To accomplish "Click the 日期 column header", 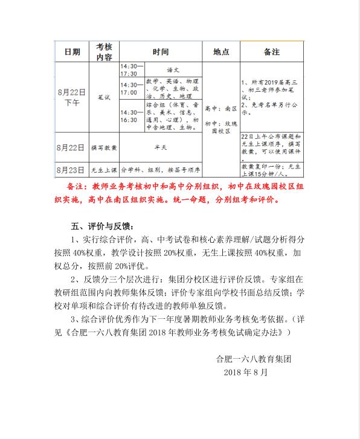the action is pyautogui.click(x=72, y=53).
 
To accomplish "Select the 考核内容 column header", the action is pyautogui.click(x=104, y=53).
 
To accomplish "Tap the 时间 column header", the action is pyautogui.click(x=161, y=53).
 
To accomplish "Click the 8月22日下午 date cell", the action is pyautogui.click(x=72, y=97).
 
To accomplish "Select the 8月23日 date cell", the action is pyautogui.click(x=72, y=169).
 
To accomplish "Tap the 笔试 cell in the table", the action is pyautogui.click(x=104, y=97).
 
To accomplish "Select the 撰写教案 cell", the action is pyautogui.click(x=104, y=147).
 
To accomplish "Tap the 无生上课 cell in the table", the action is pyautogui.click(x=104, y=169).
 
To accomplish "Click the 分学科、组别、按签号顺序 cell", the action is pyautogui.click(x=160, y=169).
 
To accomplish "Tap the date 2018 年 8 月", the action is pyautogui.click(x=245, y=372).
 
